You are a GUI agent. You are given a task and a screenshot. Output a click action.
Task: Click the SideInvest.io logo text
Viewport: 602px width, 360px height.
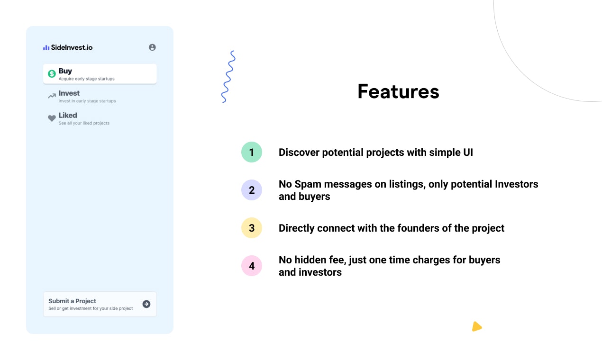tap(72, 47)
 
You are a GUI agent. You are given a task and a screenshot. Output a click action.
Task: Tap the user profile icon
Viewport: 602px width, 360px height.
tap(152, 47)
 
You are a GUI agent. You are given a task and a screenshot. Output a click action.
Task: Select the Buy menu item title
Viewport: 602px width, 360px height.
tap(65, 71)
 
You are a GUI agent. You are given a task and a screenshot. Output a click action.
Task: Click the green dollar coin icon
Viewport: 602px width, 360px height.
tap(52, 74)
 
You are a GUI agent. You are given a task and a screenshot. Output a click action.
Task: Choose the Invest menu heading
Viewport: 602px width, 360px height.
tap(69, 93)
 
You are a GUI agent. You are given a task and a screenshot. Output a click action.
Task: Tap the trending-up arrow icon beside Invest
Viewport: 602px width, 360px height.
tap(52, 96)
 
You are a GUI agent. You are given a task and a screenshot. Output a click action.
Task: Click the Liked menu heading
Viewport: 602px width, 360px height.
tap(68, 115)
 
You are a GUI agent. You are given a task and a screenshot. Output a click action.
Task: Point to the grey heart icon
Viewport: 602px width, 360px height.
tap(52, 118)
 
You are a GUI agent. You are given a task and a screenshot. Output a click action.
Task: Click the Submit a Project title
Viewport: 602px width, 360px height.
tap(72, 301)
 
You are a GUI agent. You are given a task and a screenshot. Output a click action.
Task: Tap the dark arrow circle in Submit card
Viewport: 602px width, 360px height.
tap(146, 304)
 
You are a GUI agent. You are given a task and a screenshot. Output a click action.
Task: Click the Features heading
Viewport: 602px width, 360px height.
tap(398, 91)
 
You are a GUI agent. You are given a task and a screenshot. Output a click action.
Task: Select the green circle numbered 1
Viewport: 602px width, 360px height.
tap(252, 152)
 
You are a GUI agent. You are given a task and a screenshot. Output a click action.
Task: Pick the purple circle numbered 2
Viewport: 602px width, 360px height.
tap(252, 190)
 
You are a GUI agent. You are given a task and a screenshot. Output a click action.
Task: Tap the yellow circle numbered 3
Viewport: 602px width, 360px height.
tap(252, 228)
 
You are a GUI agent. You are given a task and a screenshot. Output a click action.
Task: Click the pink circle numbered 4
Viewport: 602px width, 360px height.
tap(252, 266)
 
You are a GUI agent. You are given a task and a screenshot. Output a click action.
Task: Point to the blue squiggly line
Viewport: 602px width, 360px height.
tap(228, 77)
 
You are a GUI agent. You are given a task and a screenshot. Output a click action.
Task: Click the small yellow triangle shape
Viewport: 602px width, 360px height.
tap(476, 327)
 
